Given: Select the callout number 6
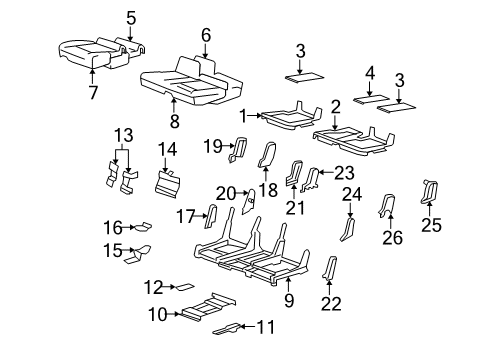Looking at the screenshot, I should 205,34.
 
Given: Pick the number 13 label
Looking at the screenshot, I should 122,134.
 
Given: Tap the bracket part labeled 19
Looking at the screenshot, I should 239,148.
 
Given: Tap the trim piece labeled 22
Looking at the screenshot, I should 331,269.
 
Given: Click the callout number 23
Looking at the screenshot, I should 344,171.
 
